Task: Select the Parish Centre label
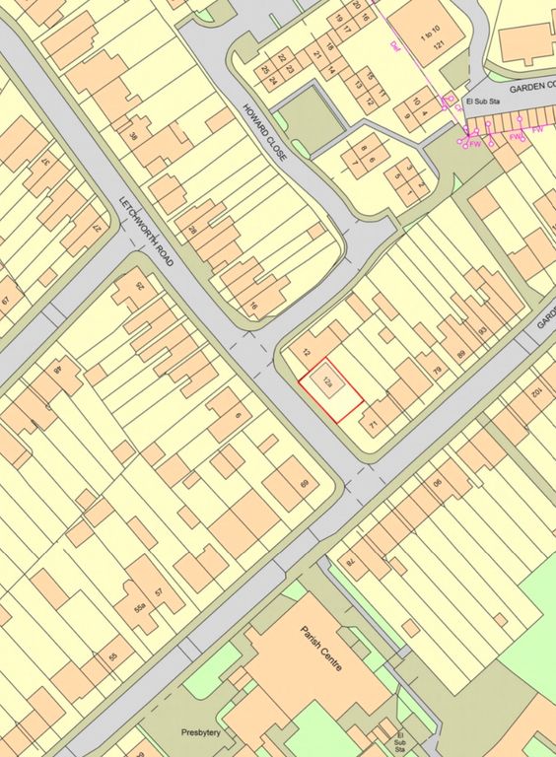(x=323, y=652)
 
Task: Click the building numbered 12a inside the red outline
(x=324, y=380)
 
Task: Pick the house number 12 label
(x=307, y=352)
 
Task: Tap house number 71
(x=374, y=425)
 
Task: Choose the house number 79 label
(x=437, y=371)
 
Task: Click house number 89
(x=460, y=353)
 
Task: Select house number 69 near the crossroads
(x=304, y=484)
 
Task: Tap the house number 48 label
(x=57, y=371)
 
